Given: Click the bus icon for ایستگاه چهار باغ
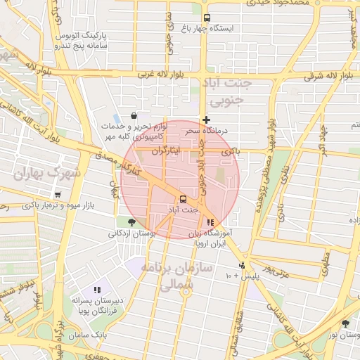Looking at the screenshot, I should [206, 18].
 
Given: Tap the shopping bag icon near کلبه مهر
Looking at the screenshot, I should [134, 116].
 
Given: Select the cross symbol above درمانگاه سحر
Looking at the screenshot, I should [206, 120].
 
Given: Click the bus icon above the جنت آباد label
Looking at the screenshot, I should [183, 199].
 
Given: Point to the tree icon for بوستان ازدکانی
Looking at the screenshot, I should [131, 222].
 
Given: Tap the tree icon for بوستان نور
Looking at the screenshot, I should [345, 324].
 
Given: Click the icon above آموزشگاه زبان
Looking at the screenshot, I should [210, 222].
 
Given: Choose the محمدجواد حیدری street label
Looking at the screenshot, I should [281, 4].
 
